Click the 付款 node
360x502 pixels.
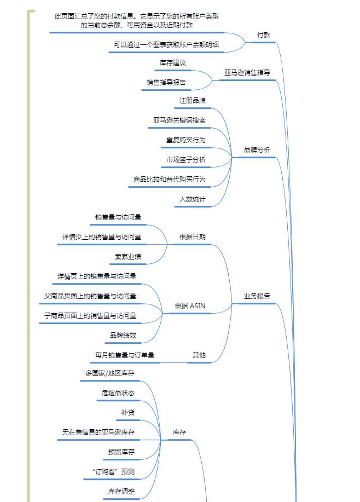coord(264,35)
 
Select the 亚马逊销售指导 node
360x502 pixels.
coord(247,72)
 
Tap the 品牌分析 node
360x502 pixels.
coord(257,149)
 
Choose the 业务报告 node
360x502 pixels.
coord(257,296)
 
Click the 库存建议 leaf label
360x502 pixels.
coord(173,63)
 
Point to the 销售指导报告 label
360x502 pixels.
coord(166,83)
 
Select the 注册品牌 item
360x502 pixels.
coord(192,101)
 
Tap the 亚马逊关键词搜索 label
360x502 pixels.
coord(179,120)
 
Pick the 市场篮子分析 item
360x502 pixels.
coord(186,160)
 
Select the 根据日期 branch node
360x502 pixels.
coord(193,237)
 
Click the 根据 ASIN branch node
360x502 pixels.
coord(190,306)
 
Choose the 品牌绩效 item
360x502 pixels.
coord(123,335)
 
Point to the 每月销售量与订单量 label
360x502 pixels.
coord(125,355)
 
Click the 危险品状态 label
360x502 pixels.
coord(118,393)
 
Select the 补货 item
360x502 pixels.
coord(128,413)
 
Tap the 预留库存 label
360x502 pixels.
coord(121,452)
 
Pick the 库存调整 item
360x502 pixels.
coord(121,492)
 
